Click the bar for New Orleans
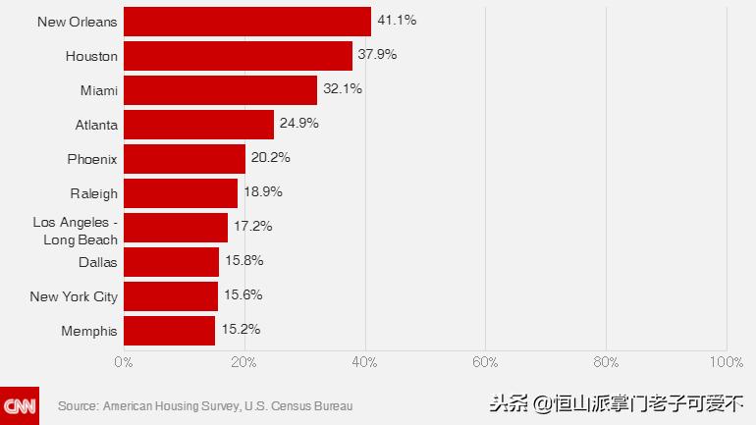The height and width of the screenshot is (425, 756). point(247,22)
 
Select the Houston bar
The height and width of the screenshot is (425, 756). point(238,56)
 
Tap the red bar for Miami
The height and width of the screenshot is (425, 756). point(220,90)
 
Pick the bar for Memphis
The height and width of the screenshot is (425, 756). point(169,331)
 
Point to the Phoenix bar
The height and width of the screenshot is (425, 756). point(185,159)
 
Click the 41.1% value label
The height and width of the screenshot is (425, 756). point(397,20)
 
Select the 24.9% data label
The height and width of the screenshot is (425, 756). point(299,123)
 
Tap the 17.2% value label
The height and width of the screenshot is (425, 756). point(252,226)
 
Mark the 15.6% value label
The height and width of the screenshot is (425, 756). point(243,294)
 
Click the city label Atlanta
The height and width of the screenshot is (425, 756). point(96,125)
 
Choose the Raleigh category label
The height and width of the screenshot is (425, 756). point(93,193)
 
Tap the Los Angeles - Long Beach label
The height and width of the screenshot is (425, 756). point(76,232)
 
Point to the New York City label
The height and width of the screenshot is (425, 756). point(74,296)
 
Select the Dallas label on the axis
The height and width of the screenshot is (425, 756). point(97,262)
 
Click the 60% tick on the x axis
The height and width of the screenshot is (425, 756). point(485,362)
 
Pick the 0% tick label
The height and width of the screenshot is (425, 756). point(124,362)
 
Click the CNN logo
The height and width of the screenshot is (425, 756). point(20,405)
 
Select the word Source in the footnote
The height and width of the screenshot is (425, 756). point(78,405)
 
